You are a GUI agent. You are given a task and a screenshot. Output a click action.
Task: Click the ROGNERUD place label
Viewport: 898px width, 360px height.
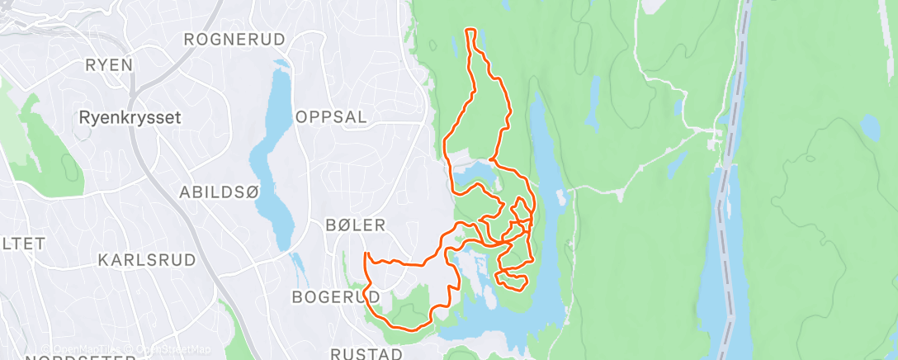tap(234, 40)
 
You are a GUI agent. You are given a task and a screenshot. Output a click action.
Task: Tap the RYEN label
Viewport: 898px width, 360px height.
tap(109, 65)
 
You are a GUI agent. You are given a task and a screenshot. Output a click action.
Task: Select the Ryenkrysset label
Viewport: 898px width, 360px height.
tap(130, 117)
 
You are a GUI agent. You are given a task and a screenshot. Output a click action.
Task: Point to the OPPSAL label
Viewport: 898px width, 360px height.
tap(331, 117)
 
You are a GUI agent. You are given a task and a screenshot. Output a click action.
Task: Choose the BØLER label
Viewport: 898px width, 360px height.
tap(356, 225)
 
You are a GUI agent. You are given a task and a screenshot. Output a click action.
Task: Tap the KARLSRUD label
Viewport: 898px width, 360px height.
tap(147, 260)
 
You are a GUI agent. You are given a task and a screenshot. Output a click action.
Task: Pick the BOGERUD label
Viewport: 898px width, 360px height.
tap(336, 296)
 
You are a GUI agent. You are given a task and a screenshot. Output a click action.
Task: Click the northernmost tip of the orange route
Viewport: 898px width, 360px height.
tap(470, 31)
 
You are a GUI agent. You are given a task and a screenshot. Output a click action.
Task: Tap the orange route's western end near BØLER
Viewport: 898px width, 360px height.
tap(365, 253)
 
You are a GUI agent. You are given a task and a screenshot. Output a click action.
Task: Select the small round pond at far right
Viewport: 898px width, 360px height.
tap(869, 126)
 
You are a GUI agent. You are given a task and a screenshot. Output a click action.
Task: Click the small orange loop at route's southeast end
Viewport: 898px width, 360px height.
tap(511, 280)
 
